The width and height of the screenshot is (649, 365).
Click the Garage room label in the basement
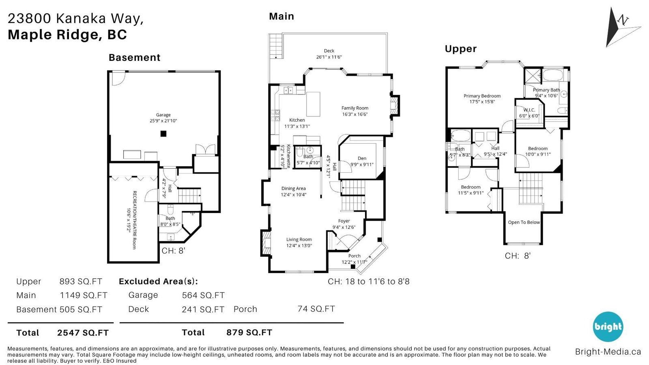point(163,115)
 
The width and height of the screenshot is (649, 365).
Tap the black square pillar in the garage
point(163,133)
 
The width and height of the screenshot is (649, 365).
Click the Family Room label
point(355,108)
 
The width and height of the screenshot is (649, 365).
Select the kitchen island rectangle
point(313,104)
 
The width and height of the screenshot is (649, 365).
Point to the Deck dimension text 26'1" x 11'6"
point(329,57)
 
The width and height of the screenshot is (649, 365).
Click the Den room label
point(362,158)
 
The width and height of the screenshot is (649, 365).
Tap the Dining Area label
point(294,188)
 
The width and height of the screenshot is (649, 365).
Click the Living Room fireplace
point(266,243)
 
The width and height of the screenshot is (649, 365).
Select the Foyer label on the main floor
point(344,221)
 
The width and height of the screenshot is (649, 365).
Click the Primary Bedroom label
point(482,96)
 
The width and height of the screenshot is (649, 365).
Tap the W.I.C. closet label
point(529,110)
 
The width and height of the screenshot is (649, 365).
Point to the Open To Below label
point(524,222)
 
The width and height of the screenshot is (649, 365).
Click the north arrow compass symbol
point(620,28)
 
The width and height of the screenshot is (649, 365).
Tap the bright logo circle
point(608,327)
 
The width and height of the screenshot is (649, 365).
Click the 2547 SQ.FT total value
point(83,333)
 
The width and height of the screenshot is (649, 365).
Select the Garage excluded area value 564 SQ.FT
point(203,295)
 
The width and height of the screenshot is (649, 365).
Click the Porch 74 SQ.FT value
point(316,309)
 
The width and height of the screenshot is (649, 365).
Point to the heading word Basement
point(134,57)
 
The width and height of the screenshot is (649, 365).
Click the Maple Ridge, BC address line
point(67,34)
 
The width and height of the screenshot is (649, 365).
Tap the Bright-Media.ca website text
point(608,352)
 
